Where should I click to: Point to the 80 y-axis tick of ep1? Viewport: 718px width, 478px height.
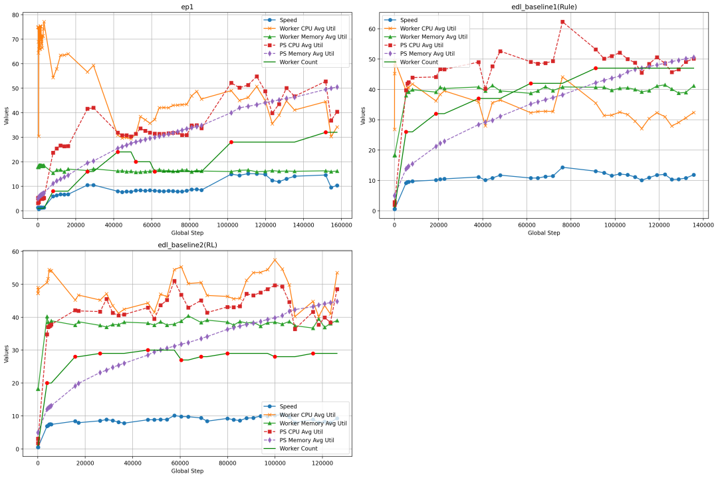click(x=25, y=15)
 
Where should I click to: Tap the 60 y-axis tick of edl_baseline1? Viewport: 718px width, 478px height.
click(x=381, y=29)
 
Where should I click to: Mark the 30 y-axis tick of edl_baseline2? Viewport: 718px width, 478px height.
click(x=25, y=350)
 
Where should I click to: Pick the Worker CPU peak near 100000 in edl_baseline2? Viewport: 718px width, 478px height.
click(x=275, y=260)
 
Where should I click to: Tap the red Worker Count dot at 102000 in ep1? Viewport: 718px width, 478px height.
click(x=231, y=142)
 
